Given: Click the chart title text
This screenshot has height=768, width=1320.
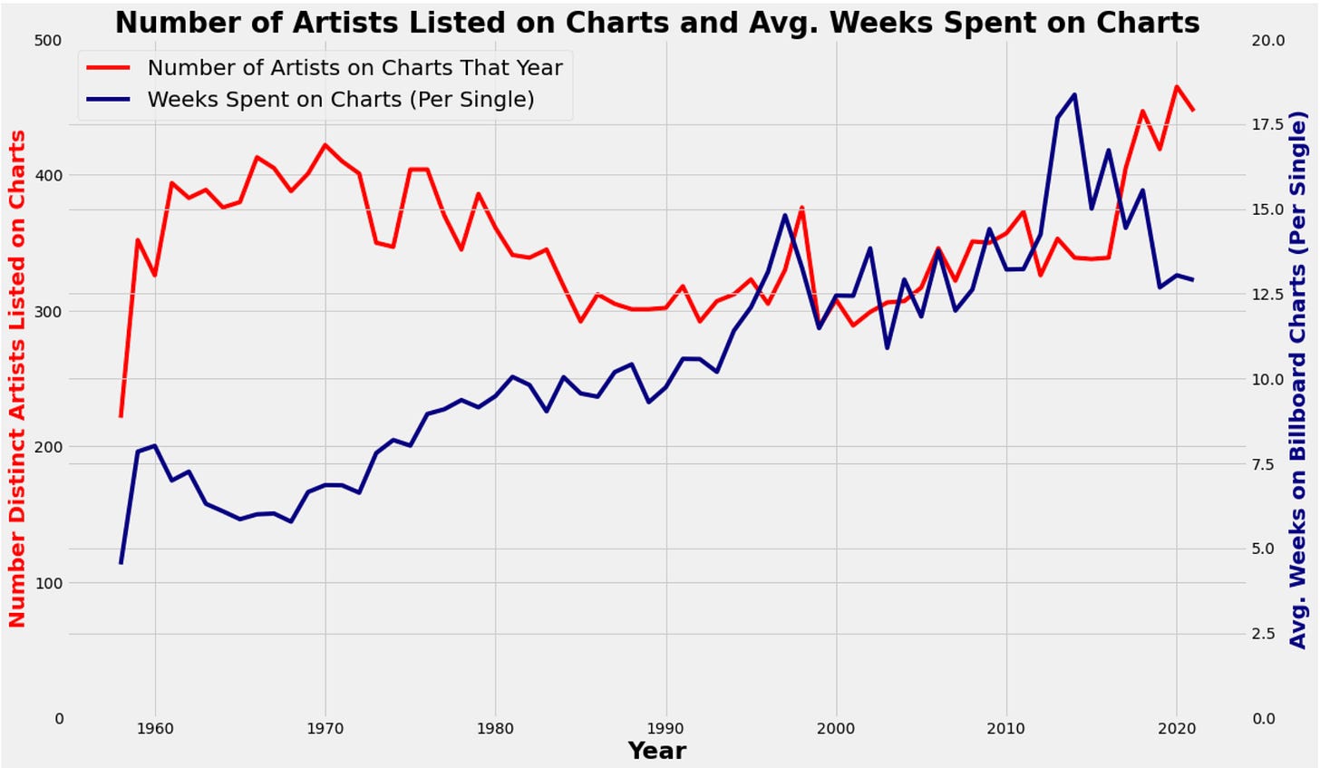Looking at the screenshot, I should (x=657, y=22).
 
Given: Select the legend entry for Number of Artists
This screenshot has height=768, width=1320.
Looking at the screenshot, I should (x=354, y=67).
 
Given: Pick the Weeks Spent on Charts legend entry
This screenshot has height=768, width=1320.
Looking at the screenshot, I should (x=340, y=99).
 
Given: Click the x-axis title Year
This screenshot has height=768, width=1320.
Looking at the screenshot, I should (x=656, y=751).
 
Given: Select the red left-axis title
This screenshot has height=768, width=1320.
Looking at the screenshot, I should (x=17, y=379).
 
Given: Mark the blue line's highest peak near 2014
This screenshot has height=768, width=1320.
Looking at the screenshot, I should (x=1074, y=94).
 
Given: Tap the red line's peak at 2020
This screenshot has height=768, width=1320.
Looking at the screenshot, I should (x=1177, y=87).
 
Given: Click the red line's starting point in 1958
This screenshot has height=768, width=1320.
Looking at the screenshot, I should (x=121, y=416).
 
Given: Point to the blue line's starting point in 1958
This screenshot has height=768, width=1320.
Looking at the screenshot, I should (x=121, y=563).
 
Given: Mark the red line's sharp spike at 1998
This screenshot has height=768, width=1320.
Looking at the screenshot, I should (x=801, y=208).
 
